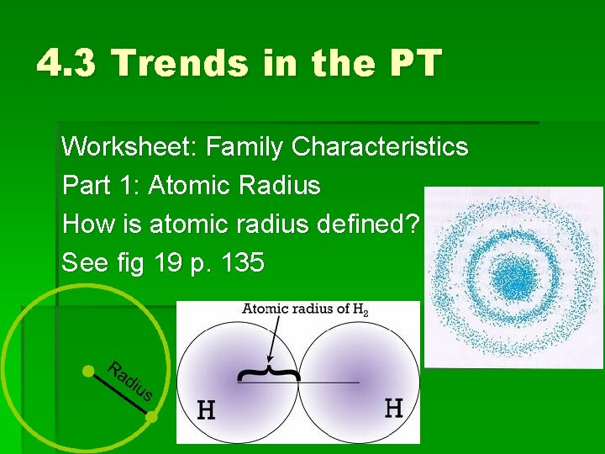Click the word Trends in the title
point(177,63)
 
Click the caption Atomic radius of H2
point(305,309)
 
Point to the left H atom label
point(206,410)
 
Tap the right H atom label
point(393,408)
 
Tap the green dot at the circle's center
point(87,371)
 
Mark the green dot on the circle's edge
point(151,416)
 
